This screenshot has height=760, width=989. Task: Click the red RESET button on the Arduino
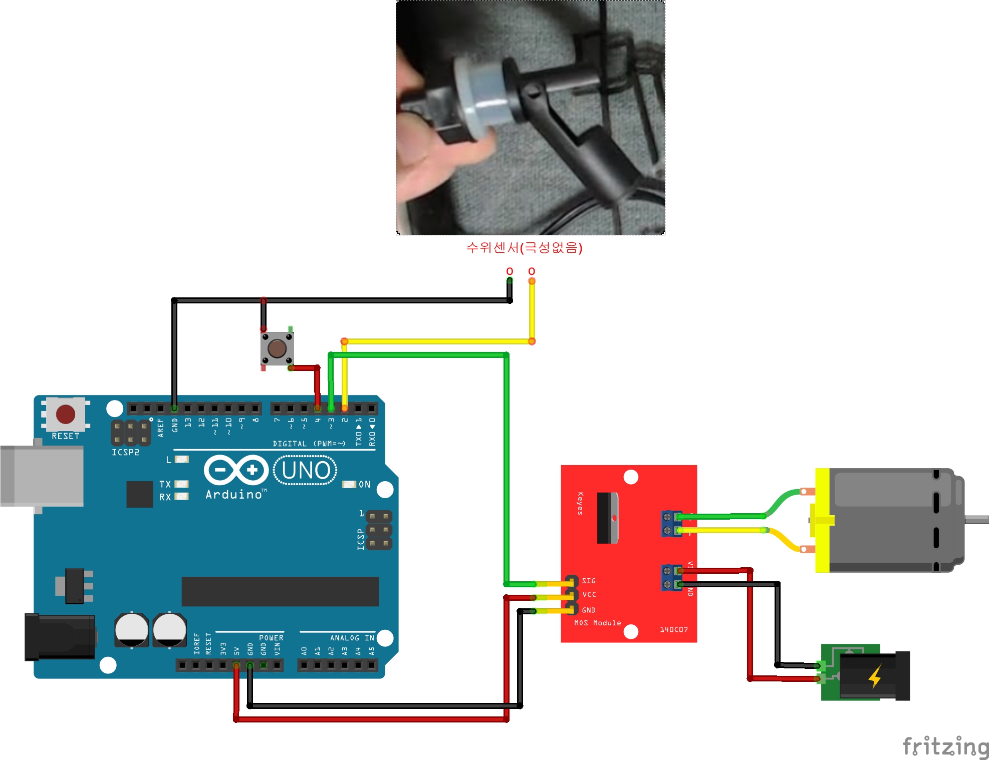66,414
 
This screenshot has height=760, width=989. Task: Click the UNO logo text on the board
306,471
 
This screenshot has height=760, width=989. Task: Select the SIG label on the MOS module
589,581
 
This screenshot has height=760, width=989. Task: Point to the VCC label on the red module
589,595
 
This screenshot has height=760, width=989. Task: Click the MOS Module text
597,623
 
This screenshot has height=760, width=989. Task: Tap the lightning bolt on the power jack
875,676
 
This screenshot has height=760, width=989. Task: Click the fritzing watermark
945,746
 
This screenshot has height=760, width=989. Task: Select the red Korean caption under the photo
524,248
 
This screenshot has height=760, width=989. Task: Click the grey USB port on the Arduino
42,476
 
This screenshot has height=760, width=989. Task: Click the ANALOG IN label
352,638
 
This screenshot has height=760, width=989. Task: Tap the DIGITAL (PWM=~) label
309,444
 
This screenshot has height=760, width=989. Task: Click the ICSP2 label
125,452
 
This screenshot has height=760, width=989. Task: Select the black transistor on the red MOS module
608,518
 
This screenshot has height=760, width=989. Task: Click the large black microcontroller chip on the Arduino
280,591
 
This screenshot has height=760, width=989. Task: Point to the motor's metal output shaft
976,520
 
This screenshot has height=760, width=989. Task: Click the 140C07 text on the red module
673,629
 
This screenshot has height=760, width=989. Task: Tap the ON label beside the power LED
364,485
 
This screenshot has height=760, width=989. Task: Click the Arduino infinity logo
236,470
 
